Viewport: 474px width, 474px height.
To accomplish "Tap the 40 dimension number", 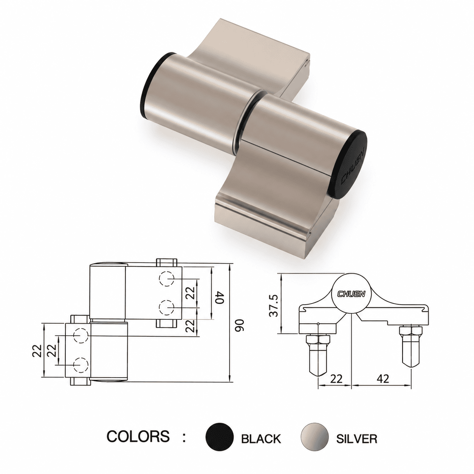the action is tap(220, 298).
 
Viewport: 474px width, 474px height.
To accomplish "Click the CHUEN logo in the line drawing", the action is tap(351, 294).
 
